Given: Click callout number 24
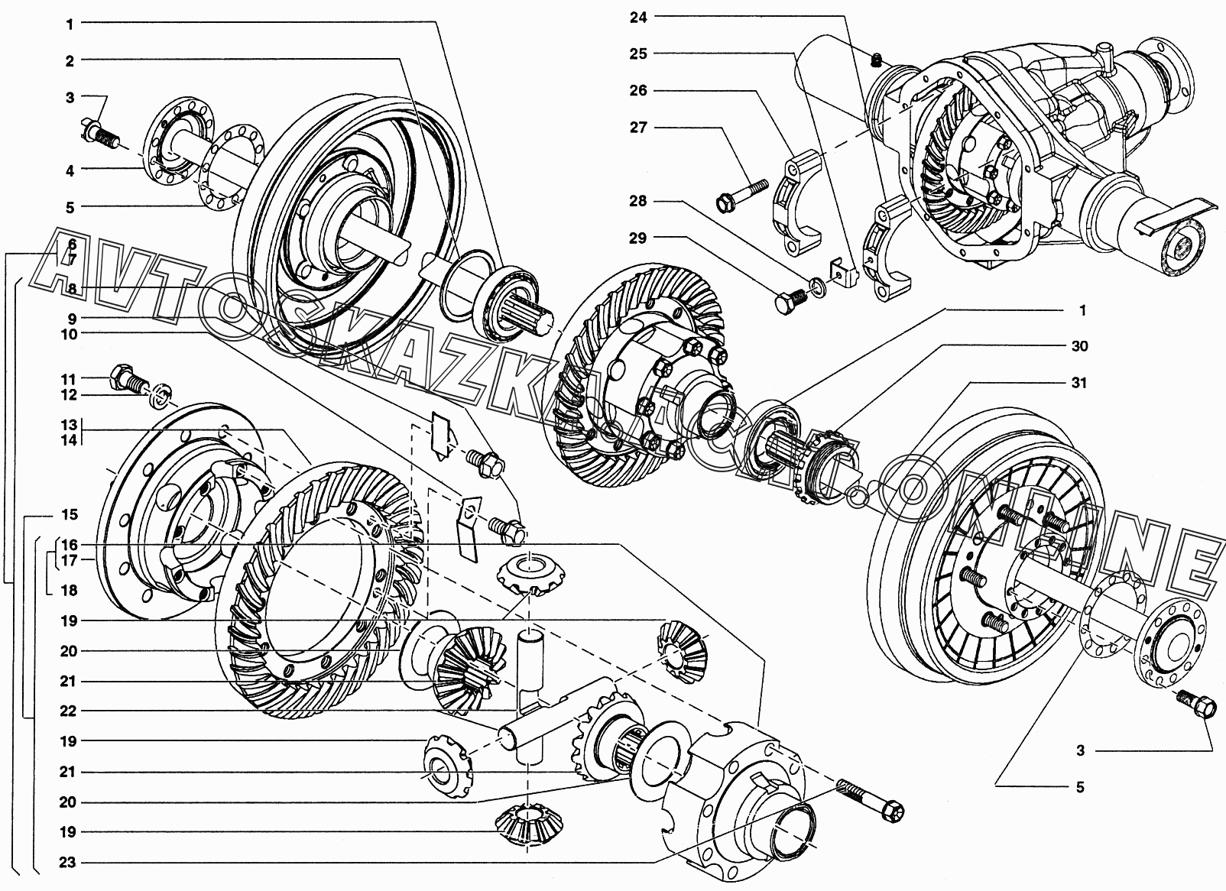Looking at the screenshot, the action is [x=638, y=18].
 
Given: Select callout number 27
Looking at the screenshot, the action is [x=638, y=128].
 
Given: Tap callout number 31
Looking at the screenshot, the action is [x=1078, y=383].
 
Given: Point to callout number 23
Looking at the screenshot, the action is [x=67, y=863].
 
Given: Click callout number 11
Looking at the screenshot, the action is [x=69, y=379].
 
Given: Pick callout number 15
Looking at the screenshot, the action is [x=70, y=514].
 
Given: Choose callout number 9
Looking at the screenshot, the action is [x=72, y=318].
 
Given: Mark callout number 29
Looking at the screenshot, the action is [x=638, y=238].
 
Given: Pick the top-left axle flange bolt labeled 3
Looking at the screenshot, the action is [x=101, y=134].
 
